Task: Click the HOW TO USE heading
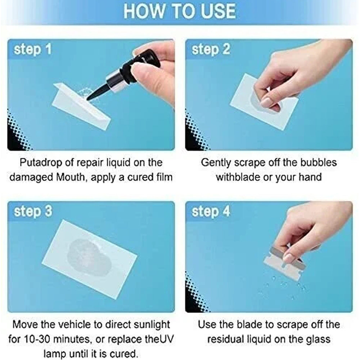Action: tap(180, 11)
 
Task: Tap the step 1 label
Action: tap(33, 49)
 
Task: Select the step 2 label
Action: tap(211, 49)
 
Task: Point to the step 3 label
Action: tap(33, 211)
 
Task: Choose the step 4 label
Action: tap(211, 211)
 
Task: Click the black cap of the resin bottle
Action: tap(140, 62)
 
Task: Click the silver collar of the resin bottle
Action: tap(116, 80)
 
